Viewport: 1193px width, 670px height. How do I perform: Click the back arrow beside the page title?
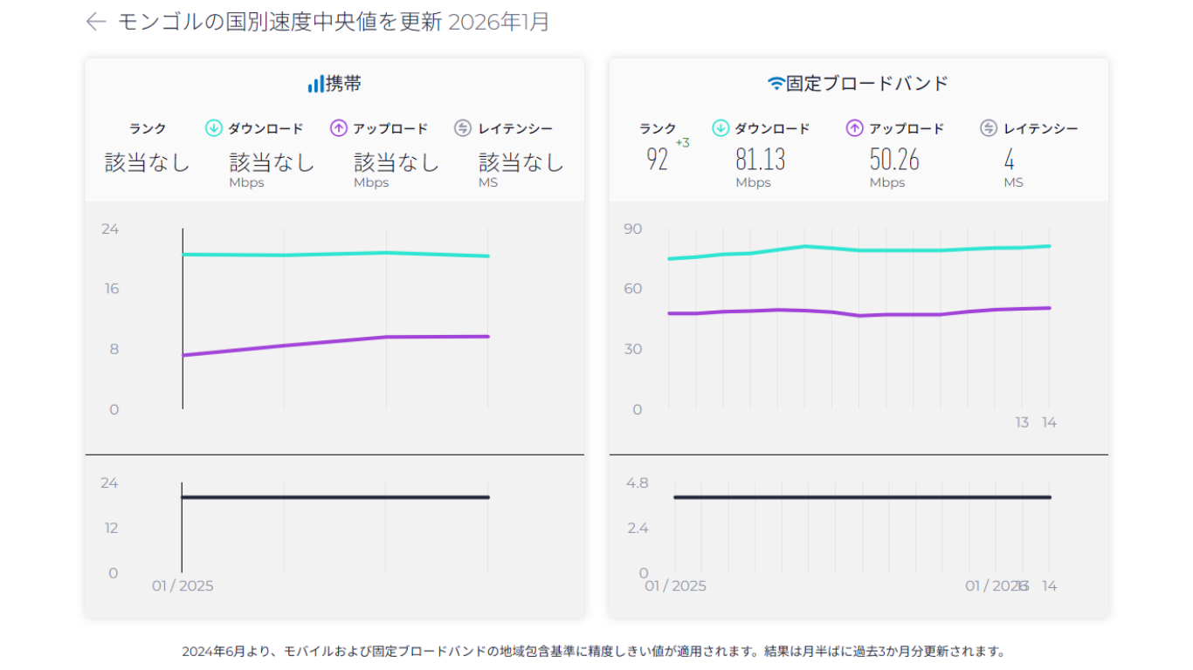pos(95,22)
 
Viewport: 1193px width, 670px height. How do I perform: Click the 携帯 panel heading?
pos(334,84)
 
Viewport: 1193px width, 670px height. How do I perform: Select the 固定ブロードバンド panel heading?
pos(858,84)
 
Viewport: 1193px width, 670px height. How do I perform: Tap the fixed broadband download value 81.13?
pos(760,160)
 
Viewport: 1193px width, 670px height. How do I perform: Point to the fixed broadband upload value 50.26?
pos(894,160)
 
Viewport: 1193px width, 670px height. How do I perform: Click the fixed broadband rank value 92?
pos(657,160)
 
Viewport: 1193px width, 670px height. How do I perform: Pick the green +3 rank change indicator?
pos(682,143)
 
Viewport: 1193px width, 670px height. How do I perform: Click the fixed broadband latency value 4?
pos(1009,160)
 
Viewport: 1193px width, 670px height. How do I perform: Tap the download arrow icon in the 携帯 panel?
pos(214,128)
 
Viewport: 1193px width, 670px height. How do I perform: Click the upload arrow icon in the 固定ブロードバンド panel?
pos(855,128)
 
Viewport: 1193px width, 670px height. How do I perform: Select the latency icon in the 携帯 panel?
pos(463,128)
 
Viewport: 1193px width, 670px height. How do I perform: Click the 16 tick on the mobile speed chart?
pos(111,289)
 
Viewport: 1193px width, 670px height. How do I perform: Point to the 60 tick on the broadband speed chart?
pos(631,289)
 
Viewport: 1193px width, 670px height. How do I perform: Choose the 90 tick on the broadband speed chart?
pos(631,229)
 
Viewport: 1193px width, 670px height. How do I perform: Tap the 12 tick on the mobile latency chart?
pos(110,528)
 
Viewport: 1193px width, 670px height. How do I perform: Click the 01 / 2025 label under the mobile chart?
pos(183,585)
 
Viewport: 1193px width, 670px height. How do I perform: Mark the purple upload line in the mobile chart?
pos(332,342)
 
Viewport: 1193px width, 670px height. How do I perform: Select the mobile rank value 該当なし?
pos(147,162)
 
